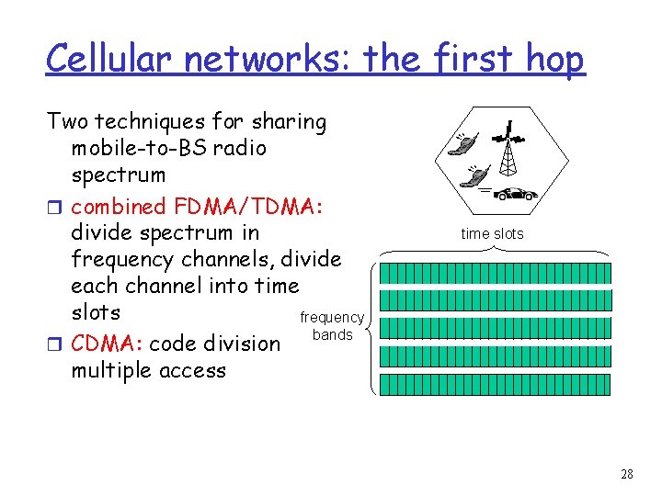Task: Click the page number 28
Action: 627,474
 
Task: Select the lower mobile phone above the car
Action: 477,175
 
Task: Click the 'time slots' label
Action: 492,233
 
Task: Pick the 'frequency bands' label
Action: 332,326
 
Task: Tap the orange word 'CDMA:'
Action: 106,344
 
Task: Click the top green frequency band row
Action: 495,273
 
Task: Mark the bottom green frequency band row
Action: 495,383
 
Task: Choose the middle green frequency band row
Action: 495,328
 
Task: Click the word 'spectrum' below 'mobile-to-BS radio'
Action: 119,175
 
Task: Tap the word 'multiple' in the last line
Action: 110,370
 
